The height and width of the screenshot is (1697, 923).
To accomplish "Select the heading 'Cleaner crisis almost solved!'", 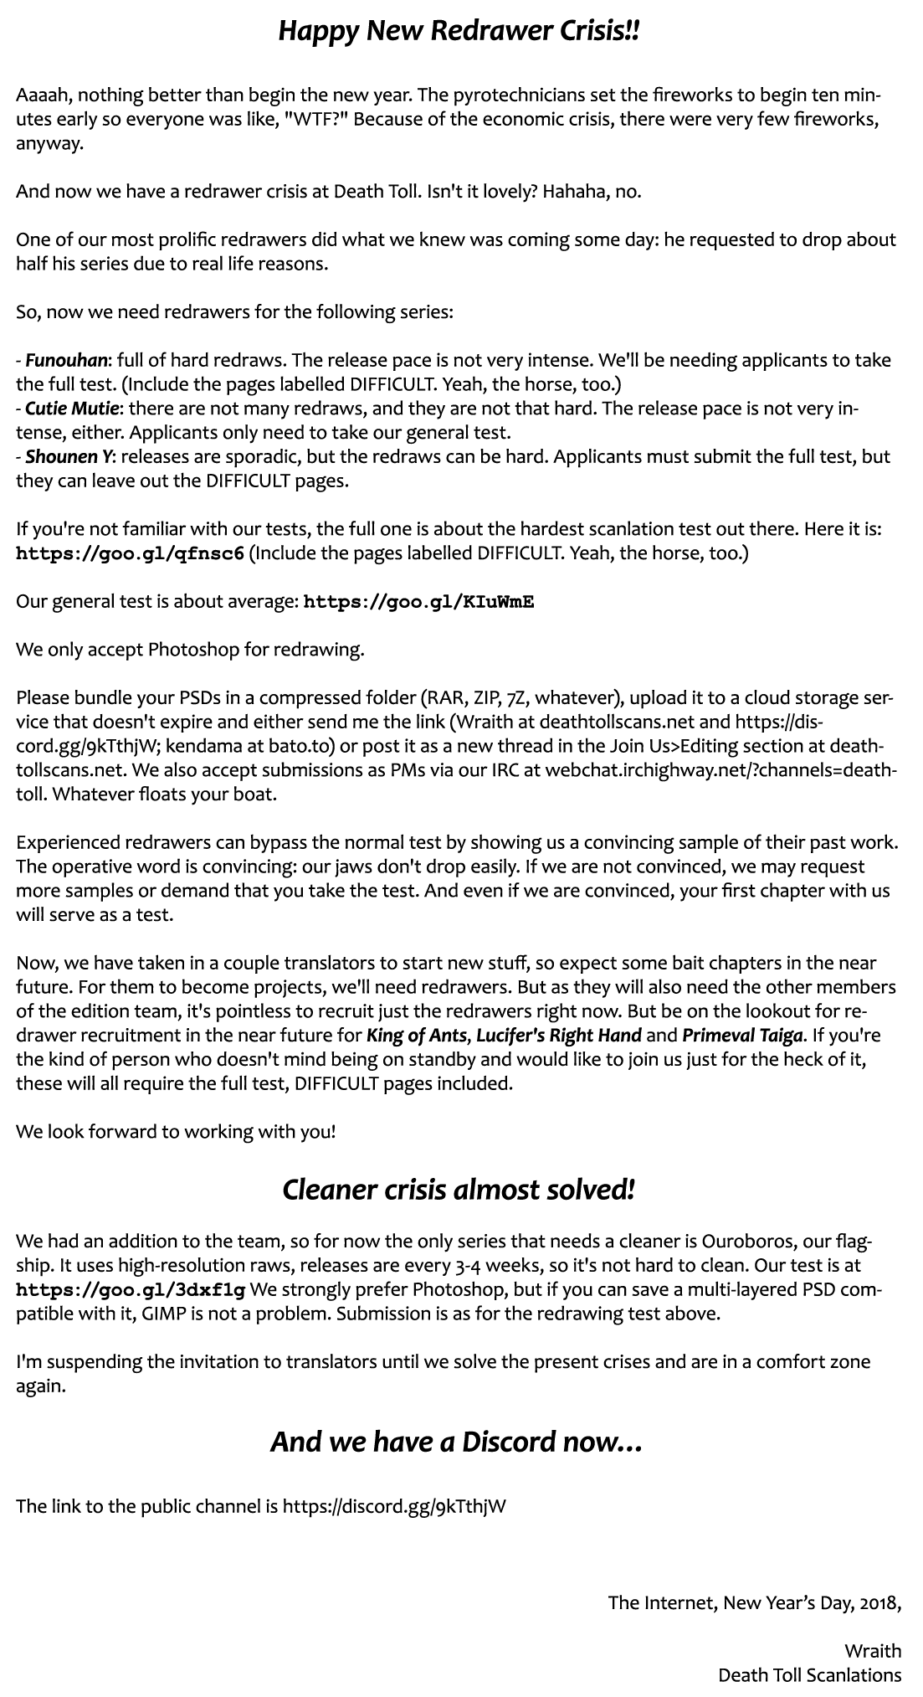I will pyautogui.click(x=459, y=1189).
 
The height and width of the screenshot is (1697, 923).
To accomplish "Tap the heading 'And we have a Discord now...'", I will pyautogui.click(x=456, y=1441).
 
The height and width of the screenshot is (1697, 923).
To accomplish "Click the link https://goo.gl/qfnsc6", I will pyautogui.click(x=130, y=554).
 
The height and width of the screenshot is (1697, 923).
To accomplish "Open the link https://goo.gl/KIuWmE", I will pyautogui.click(x=418, y=602).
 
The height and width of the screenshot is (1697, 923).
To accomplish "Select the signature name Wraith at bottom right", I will pyautogui.click(x=873, y=1651).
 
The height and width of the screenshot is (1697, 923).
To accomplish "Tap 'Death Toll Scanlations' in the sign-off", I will pyautogui.click(x=809, y=1675).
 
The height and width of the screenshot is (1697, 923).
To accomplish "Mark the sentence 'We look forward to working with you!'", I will pyautogui.click(x=176, y=1132).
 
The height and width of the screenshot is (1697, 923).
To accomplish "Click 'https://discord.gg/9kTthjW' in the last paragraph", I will pyautogui.click(x=394, y=1506).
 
